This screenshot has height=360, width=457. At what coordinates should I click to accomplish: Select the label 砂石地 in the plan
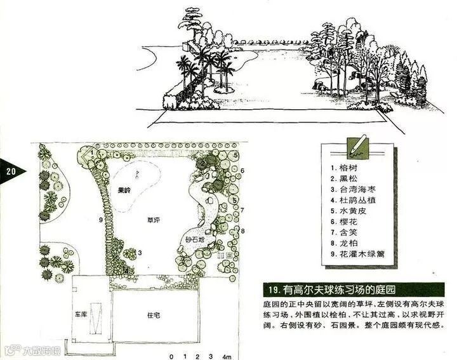coord(195,240)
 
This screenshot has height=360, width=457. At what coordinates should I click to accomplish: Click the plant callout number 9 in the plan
coord(101,220)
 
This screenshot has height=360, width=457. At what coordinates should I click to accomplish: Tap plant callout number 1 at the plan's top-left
coord(93,152)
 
